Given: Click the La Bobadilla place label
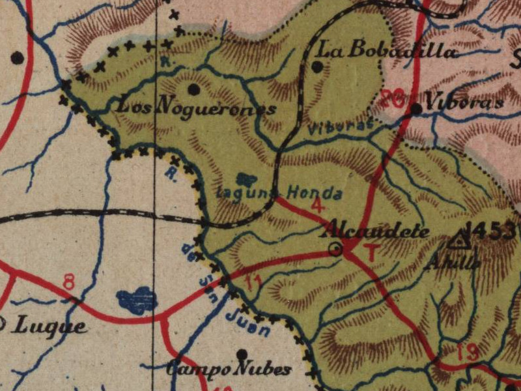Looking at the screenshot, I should pos(388,50).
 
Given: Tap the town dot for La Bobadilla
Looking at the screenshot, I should pos(317,66).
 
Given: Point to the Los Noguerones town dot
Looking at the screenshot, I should pos(193,89).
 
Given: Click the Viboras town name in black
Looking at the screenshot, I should pos(464,103).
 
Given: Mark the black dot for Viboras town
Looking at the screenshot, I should pos(416,109).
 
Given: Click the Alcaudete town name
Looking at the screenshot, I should pos(376,231).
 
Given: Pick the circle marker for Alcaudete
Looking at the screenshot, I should pos(336,248).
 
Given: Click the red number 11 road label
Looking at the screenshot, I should pos(254,282).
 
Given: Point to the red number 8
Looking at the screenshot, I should pos(69,282).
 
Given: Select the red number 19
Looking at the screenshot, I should pos(468,352).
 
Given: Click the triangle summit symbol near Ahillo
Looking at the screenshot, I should pos(460,240).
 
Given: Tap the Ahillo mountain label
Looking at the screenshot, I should pos(453,261).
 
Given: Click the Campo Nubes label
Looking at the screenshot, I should pos(229,369).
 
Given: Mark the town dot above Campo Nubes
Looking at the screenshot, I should pos(242,354).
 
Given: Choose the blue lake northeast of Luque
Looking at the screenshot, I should pos(137,300).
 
